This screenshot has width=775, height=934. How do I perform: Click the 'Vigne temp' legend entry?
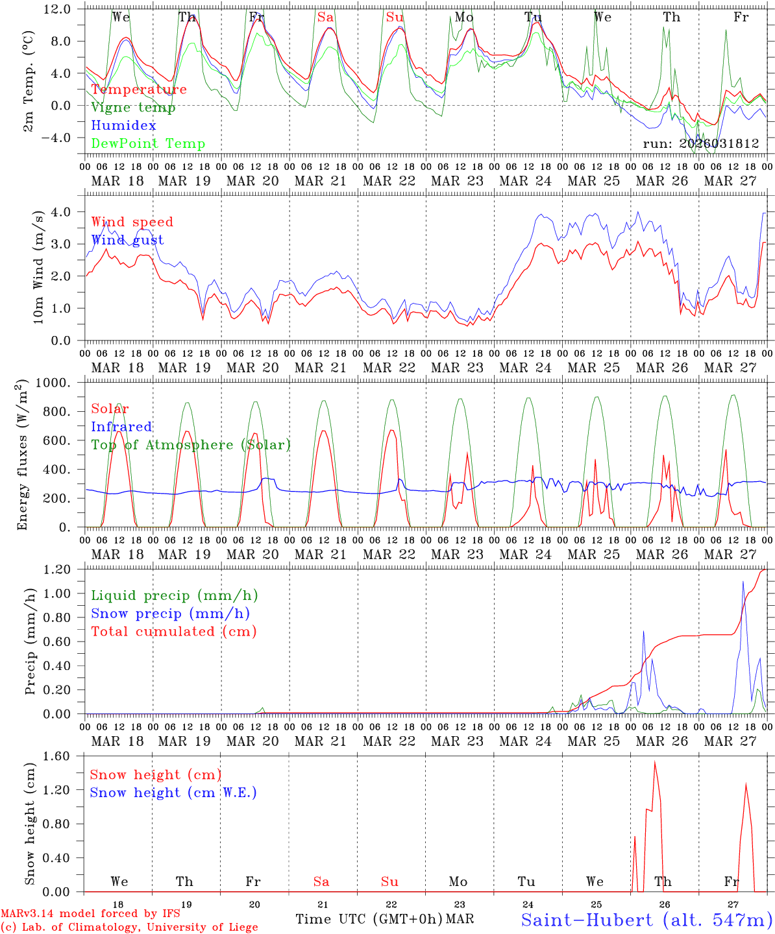[133, 108]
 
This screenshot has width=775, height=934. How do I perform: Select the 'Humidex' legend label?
[123, 126]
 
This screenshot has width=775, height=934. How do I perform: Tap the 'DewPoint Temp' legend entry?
[148, 144]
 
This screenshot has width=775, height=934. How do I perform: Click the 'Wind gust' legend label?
[127, 241]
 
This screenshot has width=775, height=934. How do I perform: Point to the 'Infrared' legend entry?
[121, 427]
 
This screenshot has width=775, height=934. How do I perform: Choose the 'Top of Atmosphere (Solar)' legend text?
[191, 445]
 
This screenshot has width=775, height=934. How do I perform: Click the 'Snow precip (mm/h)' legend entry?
[170, 614]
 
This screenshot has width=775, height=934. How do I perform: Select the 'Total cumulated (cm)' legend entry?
[174, 632]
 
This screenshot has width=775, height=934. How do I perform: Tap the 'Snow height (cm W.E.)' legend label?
[173, 793]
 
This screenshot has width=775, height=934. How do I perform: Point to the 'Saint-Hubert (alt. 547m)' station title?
[646, 919]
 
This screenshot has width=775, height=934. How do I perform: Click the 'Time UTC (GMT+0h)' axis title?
[369, 919]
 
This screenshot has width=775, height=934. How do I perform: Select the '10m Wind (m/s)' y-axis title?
[39, 267]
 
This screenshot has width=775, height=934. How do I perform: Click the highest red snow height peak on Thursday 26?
[654, 762]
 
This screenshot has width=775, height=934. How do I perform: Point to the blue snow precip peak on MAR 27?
[743, 582]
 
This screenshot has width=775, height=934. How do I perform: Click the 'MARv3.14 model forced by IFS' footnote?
[90, 914]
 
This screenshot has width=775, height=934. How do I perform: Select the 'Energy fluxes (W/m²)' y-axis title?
[23, 454]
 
